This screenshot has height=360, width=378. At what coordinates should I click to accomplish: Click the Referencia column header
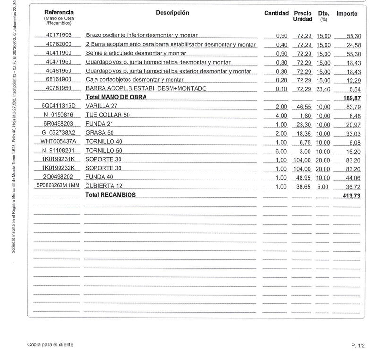pos(59,12)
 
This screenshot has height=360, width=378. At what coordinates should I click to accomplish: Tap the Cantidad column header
pos(276,13)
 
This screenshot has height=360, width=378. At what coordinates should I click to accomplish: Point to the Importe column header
pos(347,14)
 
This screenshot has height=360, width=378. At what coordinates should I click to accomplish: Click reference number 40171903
pos(59,35)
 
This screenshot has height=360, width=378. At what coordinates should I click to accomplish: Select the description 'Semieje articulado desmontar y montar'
pos(136,53)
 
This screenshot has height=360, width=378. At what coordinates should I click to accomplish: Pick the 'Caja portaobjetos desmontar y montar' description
pos(135,79)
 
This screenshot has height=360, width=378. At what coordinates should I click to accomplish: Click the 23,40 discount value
pos(324,88)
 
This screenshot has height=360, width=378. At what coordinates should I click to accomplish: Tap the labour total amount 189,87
pos(350,97)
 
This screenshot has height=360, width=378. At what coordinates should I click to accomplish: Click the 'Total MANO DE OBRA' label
pos(116,97)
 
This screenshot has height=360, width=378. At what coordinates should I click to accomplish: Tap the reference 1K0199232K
pos(59,168)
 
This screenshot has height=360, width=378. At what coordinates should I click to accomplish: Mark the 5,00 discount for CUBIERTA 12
pos(324,186)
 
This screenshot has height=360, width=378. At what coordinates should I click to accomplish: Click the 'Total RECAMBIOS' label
pos(110,195)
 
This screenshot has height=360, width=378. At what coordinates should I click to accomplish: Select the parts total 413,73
pos(350,195)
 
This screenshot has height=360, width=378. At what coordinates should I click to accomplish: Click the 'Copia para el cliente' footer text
pos(51,345)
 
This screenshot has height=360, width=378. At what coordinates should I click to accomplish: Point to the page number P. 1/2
pos(358,346)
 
